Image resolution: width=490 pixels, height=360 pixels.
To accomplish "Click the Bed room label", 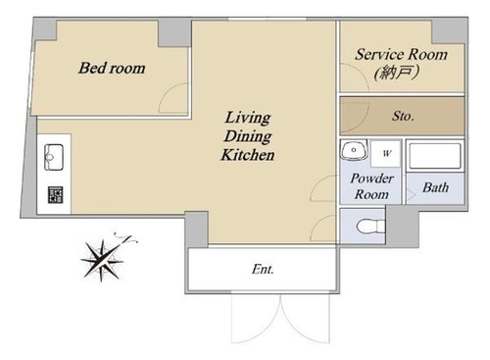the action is pos(112,68).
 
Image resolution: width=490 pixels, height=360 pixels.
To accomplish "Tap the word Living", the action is pos(248,118).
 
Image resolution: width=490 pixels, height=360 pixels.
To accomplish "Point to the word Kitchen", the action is pos(248,155).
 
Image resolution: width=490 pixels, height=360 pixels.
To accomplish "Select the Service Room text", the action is pos(401,54).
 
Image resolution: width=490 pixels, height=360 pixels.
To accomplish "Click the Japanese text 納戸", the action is pos(397,72).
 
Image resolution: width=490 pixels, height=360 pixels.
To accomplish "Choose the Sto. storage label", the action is pos(403,116).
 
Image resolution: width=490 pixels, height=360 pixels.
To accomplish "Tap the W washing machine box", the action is pos(386,153).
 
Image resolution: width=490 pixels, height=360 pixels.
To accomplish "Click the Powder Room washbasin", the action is pos(354,150).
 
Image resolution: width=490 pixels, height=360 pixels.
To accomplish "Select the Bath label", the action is pos(435,187).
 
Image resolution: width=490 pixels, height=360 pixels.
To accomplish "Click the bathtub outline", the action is pos(435,156).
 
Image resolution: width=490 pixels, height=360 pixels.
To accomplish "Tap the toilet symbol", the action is pos(370,227).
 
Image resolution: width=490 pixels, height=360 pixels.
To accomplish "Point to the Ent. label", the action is pos(263,269).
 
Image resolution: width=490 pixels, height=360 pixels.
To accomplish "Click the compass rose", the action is pos(104,258).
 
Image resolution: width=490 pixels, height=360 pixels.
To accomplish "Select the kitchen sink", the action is pos(54,157).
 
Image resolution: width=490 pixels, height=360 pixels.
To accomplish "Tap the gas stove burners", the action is pos(55,195).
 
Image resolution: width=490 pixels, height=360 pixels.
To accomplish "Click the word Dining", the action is pos(248,136).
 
